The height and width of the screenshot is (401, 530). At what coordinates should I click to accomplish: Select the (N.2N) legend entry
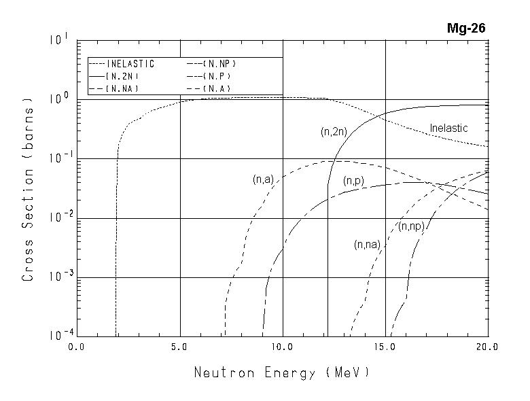coord(123,76)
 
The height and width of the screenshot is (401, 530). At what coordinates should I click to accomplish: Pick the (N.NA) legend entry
coord(123,88)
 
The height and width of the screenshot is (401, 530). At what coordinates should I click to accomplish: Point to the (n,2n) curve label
coord(334,132)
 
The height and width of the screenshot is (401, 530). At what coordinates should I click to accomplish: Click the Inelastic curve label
coord(449,128)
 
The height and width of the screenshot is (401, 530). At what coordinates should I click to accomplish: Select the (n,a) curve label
coord(263,179)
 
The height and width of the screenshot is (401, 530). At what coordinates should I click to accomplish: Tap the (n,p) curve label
coord(353,181)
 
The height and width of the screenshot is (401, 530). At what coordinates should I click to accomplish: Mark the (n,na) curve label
coord(368,245)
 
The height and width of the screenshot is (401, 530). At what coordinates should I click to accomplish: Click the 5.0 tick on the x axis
coord(180,347)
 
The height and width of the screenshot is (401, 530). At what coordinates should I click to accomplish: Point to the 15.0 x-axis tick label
coord(385,347)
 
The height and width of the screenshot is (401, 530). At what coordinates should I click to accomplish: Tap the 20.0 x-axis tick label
coord(488,347)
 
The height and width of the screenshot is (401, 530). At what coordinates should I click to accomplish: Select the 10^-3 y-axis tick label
coord(57,277)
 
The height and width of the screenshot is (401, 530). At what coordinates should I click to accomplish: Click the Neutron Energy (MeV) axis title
coord(283,372)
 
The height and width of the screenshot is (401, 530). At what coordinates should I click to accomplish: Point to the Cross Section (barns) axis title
coord(29,190)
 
